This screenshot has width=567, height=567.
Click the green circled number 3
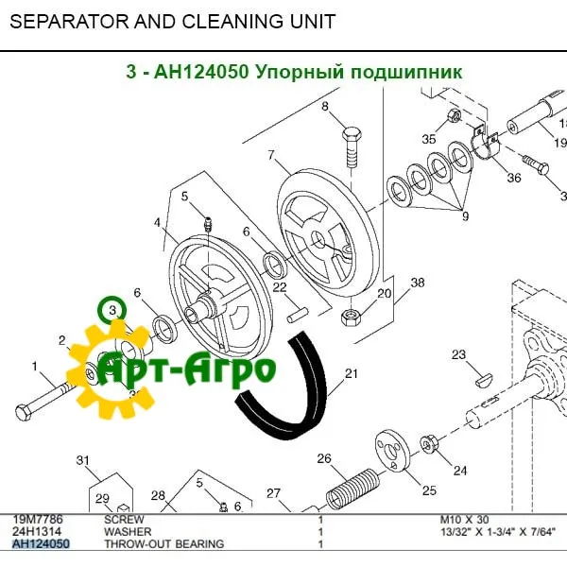click(112, 309)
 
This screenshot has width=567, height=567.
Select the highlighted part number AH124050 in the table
click(40, 544)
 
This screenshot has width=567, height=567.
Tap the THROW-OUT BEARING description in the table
click(163, 544)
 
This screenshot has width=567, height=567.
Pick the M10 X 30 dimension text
click(464, 520)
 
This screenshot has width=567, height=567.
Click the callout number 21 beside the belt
click(351, 374)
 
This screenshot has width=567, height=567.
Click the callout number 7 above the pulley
click(270, 155)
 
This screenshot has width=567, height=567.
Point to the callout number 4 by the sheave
click(157, 223)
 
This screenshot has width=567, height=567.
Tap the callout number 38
click(417, 283)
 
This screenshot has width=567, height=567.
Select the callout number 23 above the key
click(458, 355)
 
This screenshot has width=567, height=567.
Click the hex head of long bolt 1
click(26, 412)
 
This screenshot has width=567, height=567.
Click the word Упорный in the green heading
click(297, 72)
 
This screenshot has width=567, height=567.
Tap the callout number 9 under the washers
click(464, 216)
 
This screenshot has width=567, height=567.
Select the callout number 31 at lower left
click(82, 461)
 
